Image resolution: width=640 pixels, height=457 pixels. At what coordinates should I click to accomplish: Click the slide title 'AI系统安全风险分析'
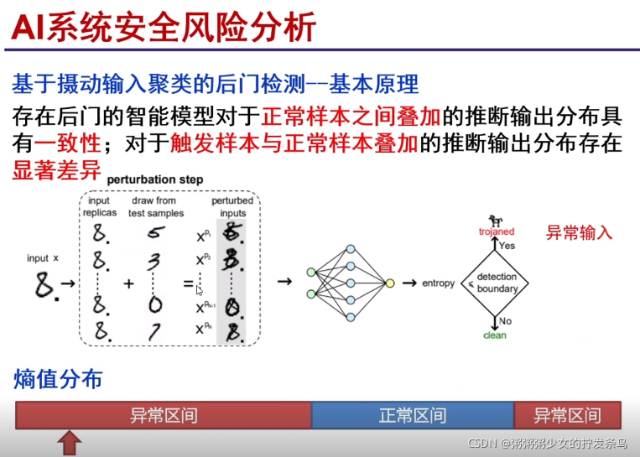point(164,27)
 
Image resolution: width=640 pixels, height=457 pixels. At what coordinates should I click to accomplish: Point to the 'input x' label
point(44,257)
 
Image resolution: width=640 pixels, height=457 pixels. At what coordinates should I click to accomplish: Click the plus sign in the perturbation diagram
point(128,283)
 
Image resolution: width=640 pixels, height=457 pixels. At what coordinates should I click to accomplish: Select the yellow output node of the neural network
point(389,283)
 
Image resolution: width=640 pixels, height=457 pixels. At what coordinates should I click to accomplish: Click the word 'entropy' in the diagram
point(438,283)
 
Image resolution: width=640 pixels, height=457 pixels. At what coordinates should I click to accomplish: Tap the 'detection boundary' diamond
point(497,283)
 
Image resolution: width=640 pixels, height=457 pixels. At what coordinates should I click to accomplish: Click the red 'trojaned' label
point(497,231)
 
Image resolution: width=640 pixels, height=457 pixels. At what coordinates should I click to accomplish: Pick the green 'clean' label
point(495,335)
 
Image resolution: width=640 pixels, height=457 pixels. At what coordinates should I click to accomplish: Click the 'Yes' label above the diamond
point(507,246)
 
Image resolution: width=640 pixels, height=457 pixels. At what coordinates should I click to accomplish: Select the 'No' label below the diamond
point(505,321)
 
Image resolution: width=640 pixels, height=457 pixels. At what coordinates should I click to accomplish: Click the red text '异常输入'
point(580,232)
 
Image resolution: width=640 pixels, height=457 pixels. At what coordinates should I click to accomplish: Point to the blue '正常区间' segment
point(412,415)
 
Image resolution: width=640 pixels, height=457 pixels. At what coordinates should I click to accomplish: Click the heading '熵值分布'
point(58,379)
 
